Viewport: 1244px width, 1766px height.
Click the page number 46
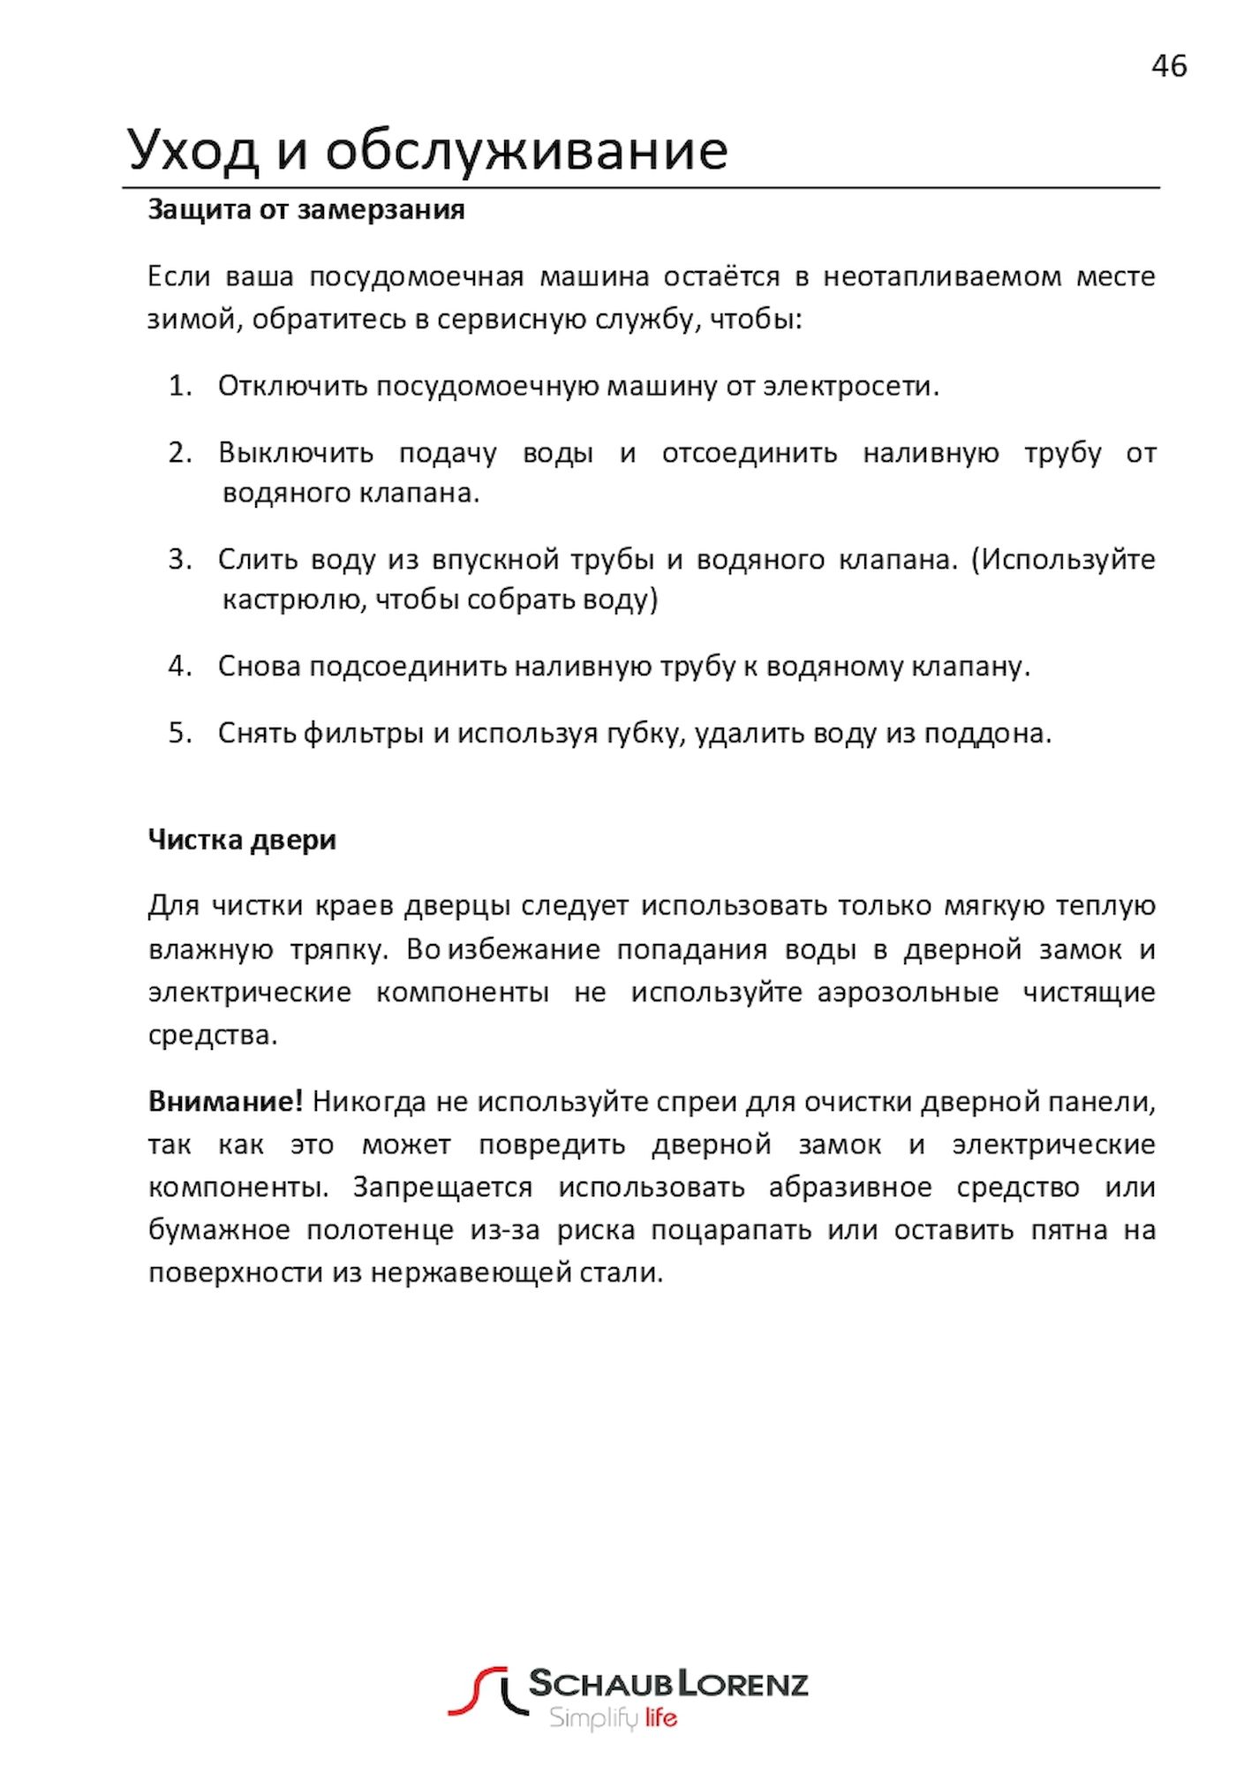pyautogui.click(x=1168, y=66)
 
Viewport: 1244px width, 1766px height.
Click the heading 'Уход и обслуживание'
pyautogui.click(x=427, y=150)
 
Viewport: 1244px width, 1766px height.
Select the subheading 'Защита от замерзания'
pyautogui.click(x=305, y=210)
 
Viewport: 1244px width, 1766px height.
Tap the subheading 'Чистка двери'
pyautogui.click(x=242, y=839)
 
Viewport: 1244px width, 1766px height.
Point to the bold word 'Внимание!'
pyautogui.click(x=225, y=1101)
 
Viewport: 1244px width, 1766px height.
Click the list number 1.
pyautogui.click(x=179, y=386)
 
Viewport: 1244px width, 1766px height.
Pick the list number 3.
pyautogui.click(x=179, y=559)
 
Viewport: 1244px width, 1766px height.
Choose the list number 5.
pyautogui.click(x=179, y=733)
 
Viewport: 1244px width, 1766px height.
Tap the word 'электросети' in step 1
pyautogui.click(x=847, y=386)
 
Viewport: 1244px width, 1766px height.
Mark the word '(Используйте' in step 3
pyautogui.click(x=1063, y=559)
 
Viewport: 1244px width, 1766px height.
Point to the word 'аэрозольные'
pyautogui.click(x=907, y=992)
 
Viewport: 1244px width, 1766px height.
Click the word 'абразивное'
pyautogui.click(x=849, y=1187)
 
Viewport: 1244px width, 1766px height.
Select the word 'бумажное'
pyautogui.click(x=219, y=1230)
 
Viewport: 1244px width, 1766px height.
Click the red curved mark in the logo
pyautogui.click(x=477, y=1690)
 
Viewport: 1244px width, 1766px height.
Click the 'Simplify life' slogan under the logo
pyautogui.click(x=613, y=1718)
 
